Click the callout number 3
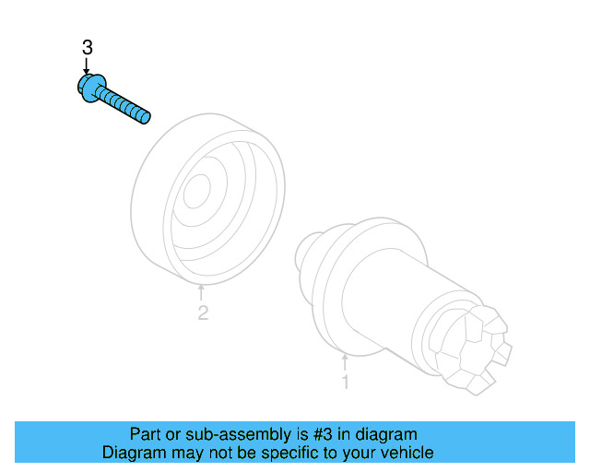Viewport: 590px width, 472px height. click(x=87, y=48)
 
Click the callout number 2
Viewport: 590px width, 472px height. click(x=203, y=313)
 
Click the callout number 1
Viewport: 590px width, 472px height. click(x=346, y=381)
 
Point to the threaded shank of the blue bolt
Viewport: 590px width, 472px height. click(x=124, y=104)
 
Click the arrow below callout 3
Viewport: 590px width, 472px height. click(x=87, y=65)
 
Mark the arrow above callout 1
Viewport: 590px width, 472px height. click(x=346, y=361)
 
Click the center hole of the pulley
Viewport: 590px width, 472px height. click(x=195, y=193)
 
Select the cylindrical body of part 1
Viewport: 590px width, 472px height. click(x=406, y=295)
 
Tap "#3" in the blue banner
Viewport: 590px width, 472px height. click(x=292, y=433)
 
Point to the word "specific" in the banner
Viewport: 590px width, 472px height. click(x=290, y=453)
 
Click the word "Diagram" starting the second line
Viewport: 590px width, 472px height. click(x=133, y=453)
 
